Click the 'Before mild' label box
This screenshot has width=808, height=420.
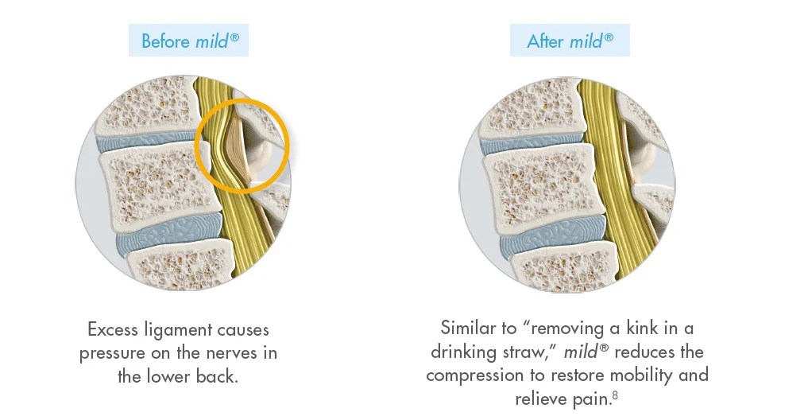(x=189, y=41)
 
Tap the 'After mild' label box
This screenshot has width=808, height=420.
(x=570, y=41)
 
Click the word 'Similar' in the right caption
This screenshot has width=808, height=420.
(x=468, y=327)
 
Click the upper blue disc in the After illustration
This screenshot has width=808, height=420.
(x=524, y=138)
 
